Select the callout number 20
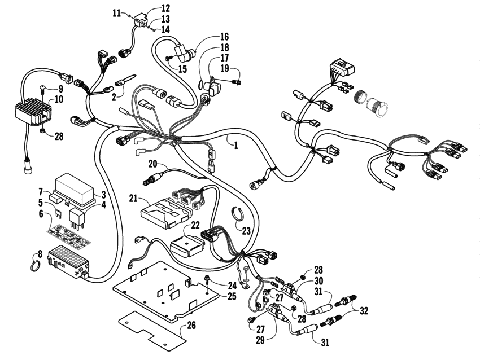(152, 164)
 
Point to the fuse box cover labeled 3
(78, 185)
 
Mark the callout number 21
(133, 198)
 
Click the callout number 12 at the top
(165, 8)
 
